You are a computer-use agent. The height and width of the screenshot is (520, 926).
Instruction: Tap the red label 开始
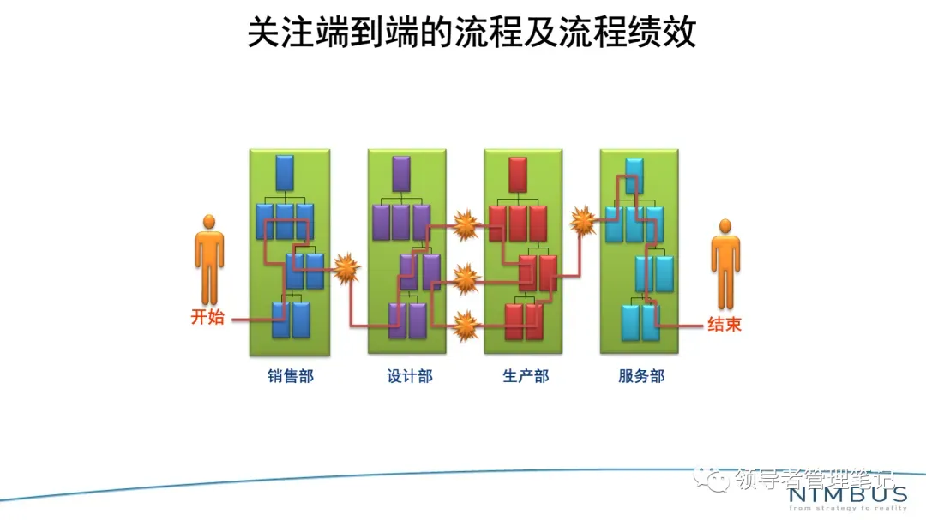[x=207, y=317]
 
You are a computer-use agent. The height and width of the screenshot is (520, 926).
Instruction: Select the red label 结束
[x=724, y=325]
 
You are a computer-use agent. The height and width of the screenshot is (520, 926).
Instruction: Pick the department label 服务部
[x=641, y=376]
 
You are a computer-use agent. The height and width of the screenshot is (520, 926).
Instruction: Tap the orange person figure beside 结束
[x=725, y=263]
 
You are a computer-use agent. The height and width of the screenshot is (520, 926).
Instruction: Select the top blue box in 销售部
[x=285, y=172]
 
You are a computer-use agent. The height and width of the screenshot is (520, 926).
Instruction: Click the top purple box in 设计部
[x=401, y=173]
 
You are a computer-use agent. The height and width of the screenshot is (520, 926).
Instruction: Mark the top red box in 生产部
[x=517, y=174]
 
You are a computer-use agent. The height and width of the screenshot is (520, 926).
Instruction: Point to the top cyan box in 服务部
[x=634, y=175]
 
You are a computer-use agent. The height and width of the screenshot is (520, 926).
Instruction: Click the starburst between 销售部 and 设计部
[x=346, y=269]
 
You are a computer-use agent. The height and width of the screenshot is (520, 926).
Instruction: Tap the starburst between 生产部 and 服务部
[x=583, y=220]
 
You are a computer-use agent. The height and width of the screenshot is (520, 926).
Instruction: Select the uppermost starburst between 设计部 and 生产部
[x=466, y=225]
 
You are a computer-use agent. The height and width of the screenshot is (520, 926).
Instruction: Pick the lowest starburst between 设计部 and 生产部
[x=466, y=325]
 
